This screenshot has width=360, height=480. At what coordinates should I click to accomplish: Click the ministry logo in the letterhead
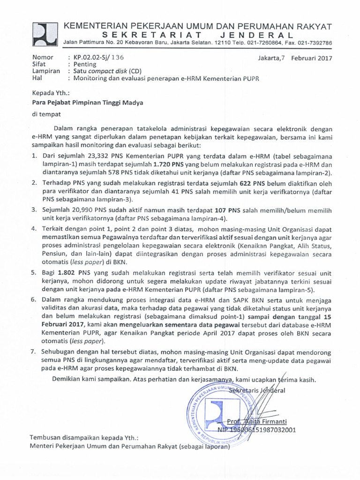pos(45,34)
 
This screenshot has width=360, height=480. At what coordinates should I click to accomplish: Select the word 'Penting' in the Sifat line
pos(84,65)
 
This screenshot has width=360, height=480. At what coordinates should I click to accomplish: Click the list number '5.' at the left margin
pos(34,272)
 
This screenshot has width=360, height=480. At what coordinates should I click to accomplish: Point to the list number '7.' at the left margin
pos(34,352)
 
